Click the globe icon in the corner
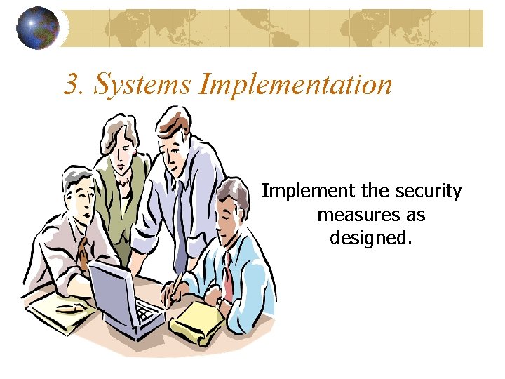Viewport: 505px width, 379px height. pos(37,29)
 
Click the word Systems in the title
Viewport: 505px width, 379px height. pos(142,84)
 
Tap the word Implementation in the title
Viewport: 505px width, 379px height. pos(295,84)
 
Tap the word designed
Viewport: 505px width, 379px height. pos(370,237)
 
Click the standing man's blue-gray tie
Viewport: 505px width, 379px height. pos(180,218)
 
